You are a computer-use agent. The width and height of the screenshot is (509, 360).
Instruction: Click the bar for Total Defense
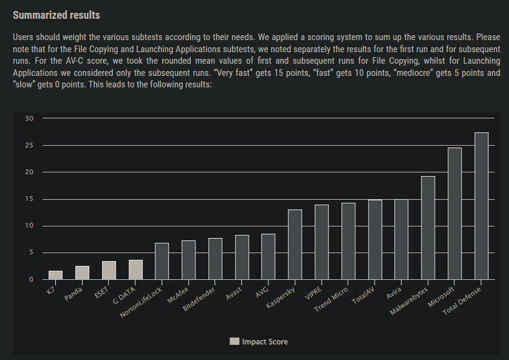point(481,206)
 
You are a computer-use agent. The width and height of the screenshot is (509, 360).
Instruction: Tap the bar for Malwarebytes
point(428,228)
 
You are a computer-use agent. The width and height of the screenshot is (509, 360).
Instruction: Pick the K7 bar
point(55,275)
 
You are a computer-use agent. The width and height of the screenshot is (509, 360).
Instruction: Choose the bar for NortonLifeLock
point(162,261)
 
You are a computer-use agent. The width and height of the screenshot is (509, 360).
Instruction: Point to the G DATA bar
point(135,270)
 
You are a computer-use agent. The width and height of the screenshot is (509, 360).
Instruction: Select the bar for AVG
point(268,257)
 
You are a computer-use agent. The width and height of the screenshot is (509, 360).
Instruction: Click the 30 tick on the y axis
point(29,118)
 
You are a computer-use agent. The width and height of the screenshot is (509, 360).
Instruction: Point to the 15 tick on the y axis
point(29,199)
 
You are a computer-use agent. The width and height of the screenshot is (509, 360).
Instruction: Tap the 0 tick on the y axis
point(31,280)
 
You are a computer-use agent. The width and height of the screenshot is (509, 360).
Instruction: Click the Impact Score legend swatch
point(234,342)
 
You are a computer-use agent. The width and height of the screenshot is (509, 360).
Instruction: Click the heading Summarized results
point(56,15)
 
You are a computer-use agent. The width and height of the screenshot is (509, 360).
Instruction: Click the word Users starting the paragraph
point(24,38)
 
